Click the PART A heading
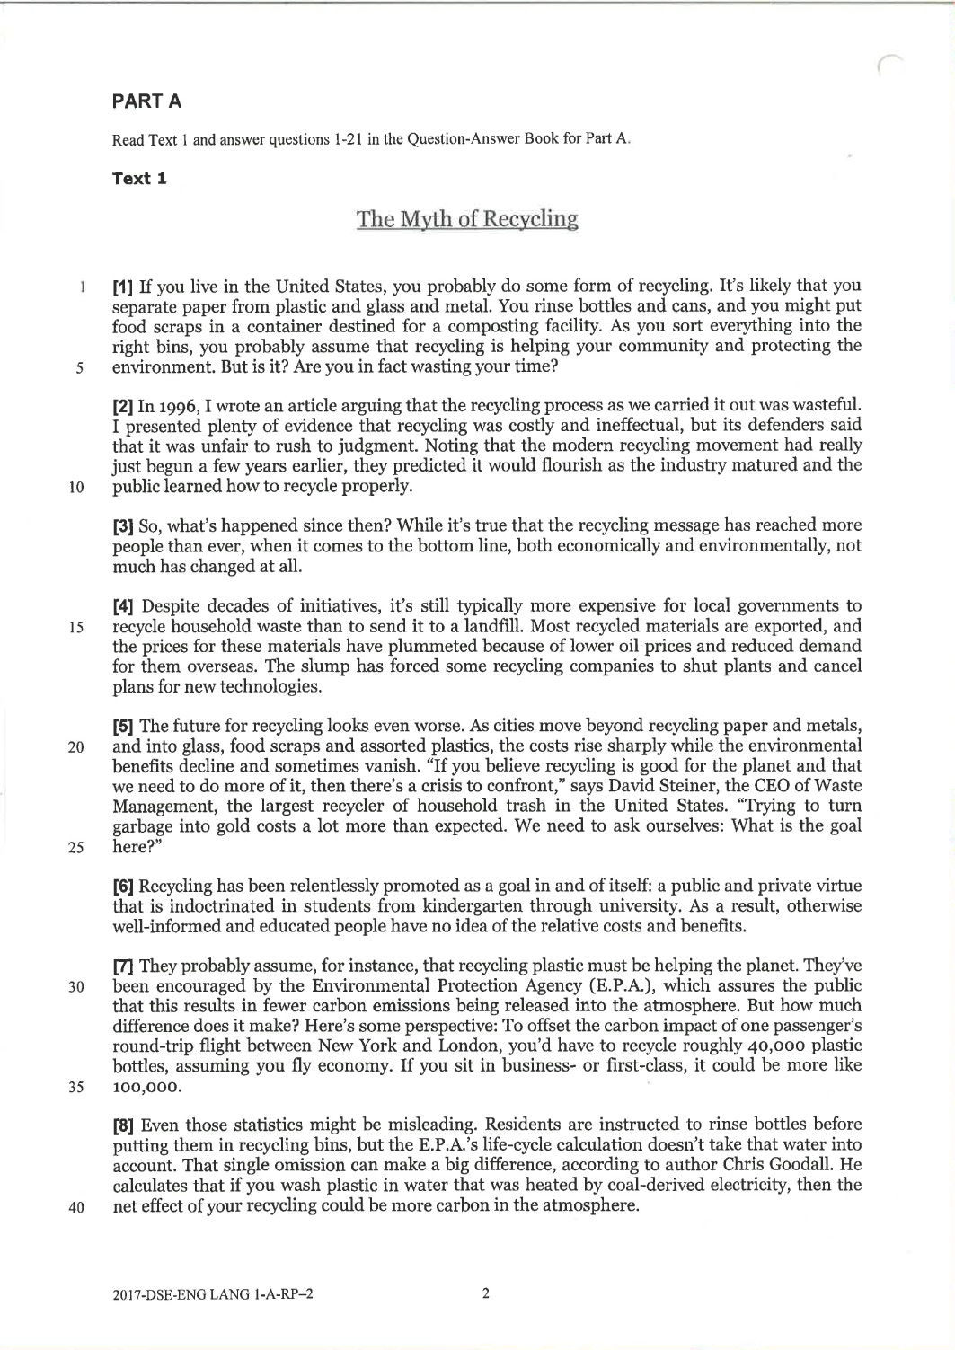point(147,101)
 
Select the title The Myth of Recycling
point(467,218)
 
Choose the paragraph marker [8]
point(124,1125)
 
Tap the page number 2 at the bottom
point(485,1294)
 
